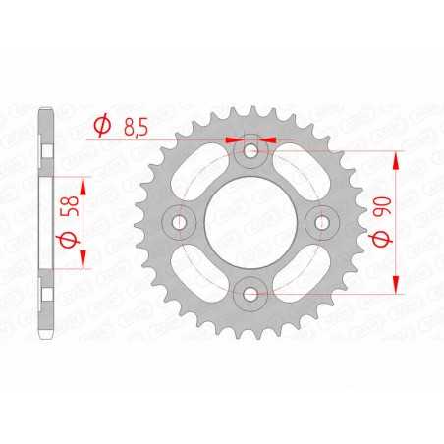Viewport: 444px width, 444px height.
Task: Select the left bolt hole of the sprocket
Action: [x=180, y=222]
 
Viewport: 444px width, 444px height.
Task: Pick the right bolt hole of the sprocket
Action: [x=321, y=222]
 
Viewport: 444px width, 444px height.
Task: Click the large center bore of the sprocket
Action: [x=250, y=222]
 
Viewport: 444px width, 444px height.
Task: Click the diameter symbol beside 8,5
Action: [x=101, y=125]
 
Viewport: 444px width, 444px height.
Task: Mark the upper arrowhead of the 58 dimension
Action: [x=82, y=184]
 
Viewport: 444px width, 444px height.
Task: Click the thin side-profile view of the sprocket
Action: [x=45, y=222]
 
